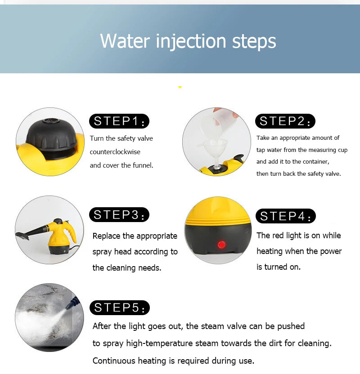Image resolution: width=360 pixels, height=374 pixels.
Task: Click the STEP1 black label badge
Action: tap(119, 121)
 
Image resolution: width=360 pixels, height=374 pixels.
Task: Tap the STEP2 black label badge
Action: tap(285, 121)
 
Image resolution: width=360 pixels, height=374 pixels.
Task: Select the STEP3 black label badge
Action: tap(119, 215)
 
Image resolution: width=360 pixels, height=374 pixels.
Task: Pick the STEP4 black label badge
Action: tap(286, 216)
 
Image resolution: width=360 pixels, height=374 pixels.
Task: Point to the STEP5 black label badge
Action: tap(120, 307)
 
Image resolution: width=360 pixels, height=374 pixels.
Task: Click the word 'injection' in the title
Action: tap(191, 42)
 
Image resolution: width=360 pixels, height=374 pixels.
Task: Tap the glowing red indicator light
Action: tap(221, 245)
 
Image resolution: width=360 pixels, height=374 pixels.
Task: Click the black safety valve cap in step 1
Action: tap(51, 135)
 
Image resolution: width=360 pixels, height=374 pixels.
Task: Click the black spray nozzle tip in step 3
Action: tap(22, 236)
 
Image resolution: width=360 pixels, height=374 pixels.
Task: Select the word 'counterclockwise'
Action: tap(115, 152)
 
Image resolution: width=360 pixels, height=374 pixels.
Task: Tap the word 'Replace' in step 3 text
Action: tap(107, 236)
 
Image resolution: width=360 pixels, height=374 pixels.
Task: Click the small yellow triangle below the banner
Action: tap(180, 88)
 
